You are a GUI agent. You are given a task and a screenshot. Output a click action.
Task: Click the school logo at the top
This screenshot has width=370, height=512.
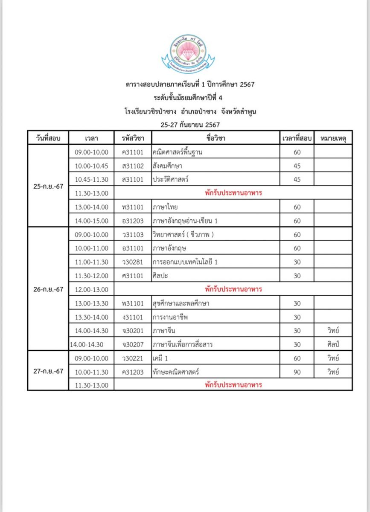188,55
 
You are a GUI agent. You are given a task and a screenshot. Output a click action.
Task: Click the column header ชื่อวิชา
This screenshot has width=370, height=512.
215,138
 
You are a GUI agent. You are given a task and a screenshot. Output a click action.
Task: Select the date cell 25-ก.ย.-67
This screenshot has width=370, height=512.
48,186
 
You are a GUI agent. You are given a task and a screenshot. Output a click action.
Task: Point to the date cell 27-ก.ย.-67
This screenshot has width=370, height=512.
48,371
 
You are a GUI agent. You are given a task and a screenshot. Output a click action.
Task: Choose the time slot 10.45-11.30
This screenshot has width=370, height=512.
91,180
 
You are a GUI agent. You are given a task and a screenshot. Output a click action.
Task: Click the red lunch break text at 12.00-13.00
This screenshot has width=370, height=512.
233,289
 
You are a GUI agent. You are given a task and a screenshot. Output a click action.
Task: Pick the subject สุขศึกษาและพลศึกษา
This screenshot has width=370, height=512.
181,303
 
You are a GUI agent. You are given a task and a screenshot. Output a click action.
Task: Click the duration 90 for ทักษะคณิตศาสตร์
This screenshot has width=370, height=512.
297,372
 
